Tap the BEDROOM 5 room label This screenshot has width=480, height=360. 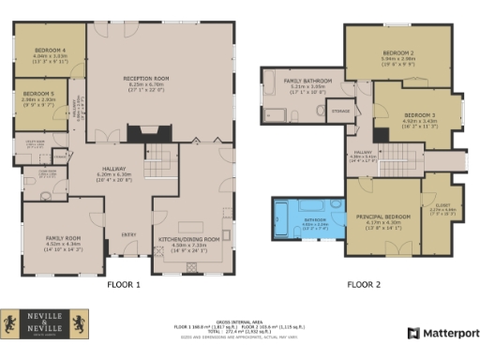[x=37, y=94]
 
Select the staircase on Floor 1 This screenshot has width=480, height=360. [x=165, y=157]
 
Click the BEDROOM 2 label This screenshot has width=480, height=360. [x=398, y=52]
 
